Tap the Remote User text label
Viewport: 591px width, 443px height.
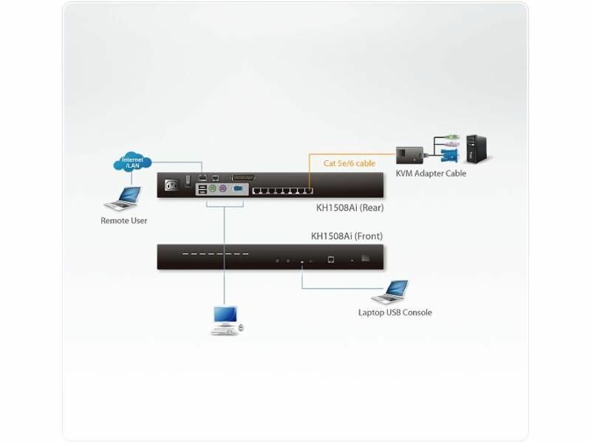click(123, 220)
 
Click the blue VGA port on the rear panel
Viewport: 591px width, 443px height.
click(239, 190)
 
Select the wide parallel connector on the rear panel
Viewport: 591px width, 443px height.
click(241, 177)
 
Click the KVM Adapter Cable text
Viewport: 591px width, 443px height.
click(431, 174)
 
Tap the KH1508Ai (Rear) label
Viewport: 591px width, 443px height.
click(349, 208)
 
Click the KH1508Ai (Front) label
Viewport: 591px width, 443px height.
click(347, 236)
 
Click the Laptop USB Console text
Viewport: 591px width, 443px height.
click(394, 312)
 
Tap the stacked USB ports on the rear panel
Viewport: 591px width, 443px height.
click(202, 190)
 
